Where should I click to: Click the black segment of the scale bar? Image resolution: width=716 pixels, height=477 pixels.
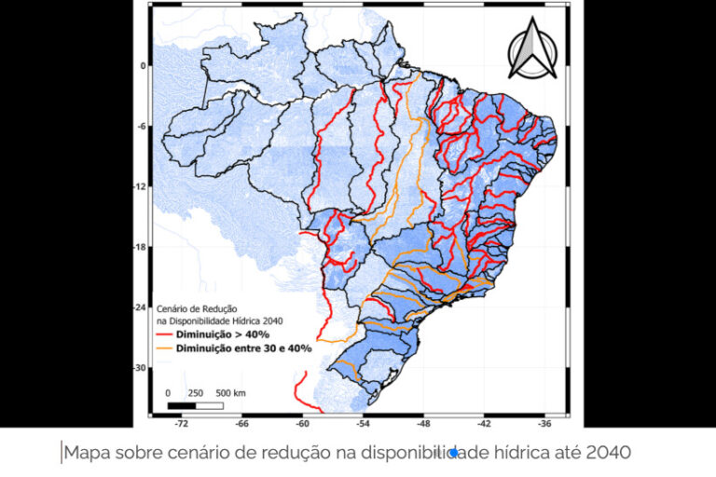tap(182, 405)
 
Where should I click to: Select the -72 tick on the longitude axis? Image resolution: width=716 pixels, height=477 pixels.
tap(183, 421)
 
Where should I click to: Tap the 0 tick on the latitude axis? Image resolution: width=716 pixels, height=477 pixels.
tap(144, 66)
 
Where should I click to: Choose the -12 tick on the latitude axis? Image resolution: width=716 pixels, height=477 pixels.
tap(141, 187)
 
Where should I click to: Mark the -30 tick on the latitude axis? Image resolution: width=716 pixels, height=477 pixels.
tap(141, 368)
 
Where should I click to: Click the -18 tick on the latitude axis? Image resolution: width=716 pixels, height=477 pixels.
tap(141, 247)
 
